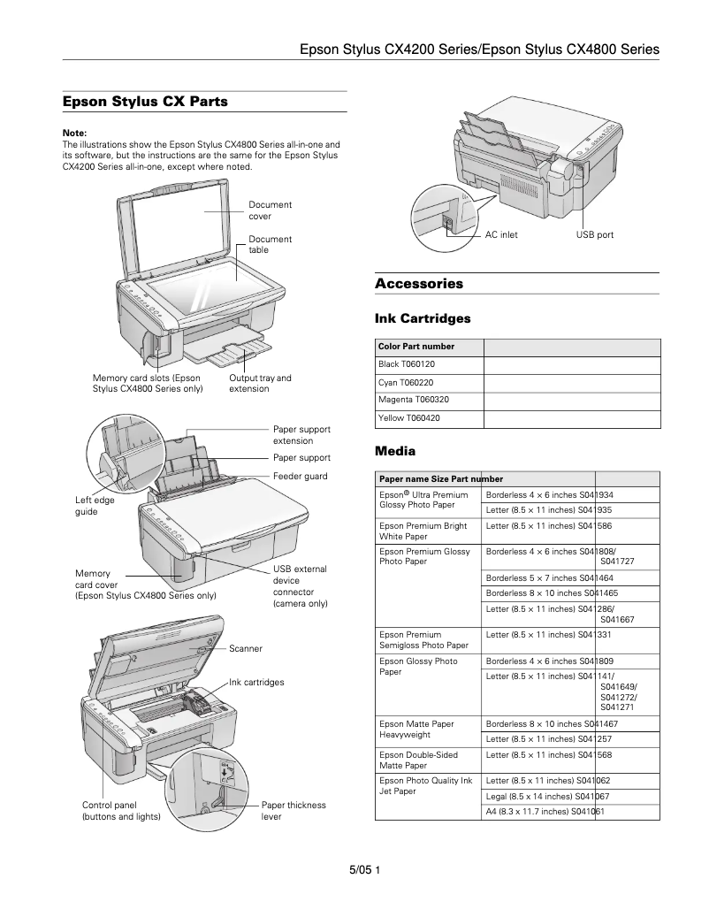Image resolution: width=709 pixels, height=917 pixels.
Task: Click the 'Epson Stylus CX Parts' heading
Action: coord(145,102)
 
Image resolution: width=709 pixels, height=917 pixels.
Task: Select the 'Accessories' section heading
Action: coord(419,284)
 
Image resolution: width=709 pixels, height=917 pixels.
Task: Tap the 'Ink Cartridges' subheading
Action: coord(423,317)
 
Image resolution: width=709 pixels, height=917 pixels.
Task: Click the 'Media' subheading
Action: coord(395,451)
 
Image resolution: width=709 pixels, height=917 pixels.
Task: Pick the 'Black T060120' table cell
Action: coord(407,363)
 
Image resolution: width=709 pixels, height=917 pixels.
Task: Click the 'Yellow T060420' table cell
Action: coord(409,417)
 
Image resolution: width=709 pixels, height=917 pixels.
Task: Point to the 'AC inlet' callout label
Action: coord(501,234)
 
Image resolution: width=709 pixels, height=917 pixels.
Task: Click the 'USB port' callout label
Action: coord(594,234)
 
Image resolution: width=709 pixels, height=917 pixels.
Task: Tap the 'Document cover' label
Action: coord(270,210)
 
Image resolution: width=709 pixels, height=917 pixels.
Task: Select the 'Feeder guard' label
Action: coord(300,476)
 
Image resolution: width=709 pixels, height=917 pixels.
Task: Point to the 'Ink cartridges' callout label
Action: coord(256,683)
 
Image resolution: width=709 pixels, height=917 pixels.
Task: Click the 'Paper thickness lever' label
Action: coord(294,811)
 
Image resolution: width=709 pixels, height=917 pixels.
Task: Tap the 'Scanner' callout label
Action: coord(246,648)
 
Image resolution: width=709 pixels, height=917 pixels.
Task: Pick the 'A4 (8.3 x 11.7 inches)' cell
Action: coord(545,811)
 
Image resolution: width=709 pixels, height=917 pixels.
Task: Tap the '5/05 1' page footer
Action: coord(364,871)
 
